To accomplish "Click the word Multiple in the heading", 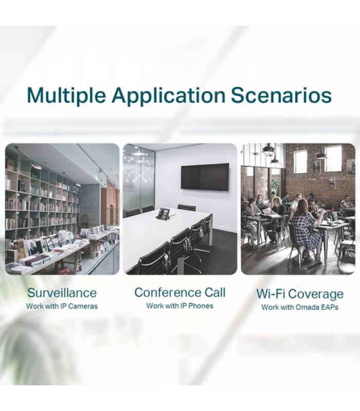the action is pos(66,95).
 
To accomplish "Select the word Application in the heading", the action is pos(168,96).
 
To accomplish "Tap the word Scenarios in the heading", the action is pos(281,96).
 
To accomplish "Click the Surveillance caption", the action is pos(62,293).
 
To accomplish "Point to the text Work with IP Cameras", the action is pos(62,306).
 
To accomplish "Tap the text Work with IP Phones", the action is pos(179,306).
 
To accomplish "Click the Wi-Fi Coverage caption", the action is pos(300,294).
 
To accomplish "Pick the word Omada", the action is pos(307,307).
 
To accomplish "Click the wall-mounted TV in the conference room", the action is pos(205,177).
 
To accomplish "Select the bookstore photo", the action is pos(62,209).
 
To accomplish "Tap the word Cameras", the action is pos(84,306).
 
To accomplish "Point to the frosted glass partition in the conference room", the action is pos(139,178).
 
